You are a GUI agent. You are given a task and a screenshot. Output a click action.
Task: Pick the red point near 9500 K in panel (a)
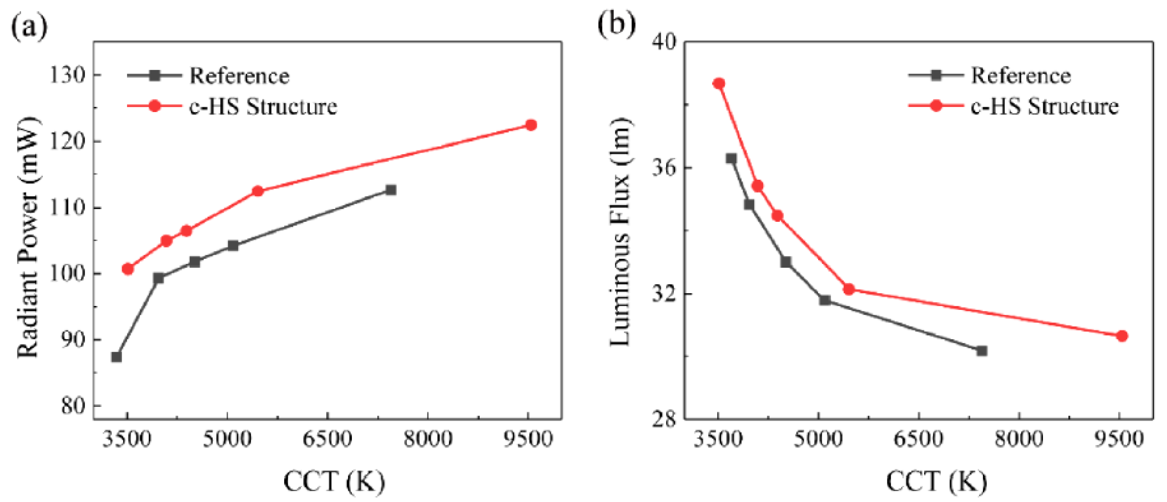(531, 125)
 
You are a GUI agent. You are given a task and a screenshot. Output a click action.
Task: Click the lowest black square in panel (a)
(116, 357)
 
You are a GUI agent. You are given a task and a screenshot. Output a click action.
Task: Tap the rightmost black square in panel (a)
(391, 190)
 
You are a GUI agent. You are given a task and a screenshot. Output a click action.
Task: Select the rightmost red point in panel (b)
(1122, 336)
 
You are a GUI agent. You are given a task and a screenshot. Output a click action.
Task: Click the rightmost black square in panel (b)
(982, 351)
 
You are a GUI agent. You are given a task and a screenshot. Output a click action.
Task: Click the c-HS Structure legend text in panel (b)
(1045, 106)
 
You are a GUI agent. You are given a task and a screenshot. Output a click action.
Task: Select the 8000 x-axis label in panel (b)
(1019, 439)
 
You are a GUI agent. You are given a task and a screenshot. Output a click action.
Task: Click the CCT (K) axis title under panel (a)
(334, 482)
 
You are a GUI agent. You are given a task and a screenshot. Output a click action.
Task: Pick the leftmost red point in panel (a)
(128, 269)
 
